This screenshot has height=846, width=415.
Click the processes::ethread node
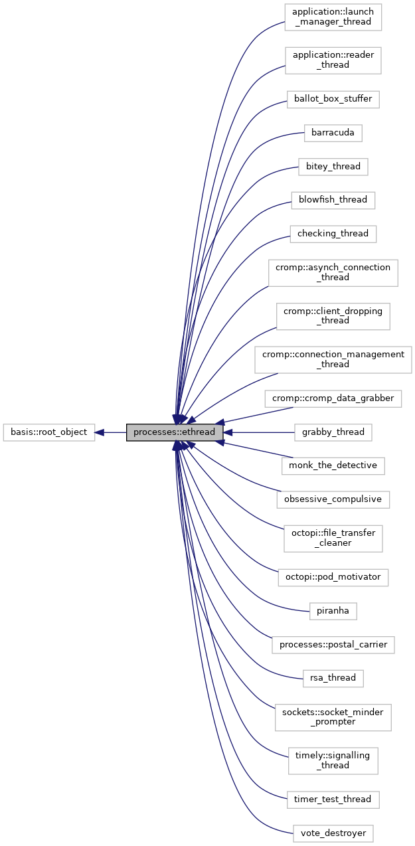[x=174, y=432]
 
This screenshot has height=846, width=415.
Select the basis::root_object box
[x=49, y=432]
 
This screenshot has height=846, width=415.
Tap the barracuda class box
[x=333, y=133]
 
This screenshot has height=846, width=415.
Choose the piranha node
[x=333, y=610]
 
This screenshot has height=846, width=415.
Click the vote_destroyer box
[x=333, y=833]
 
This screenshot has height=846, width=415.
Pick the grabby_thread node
[x=333, y=432]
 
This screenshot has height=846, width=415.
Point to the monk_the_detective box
[x=333, y=465]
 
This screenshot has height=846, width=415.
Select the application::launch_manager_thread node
[x=333, y=17]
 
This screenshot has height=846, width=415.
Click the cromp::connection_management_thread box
[x=333, y=359]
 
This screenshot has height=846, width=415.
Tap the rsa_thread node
[x=333, y=678]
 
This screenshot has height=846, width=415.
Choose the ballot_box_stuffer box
[x=333, y=99]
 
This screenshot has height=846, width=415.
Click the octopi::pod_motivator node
[x=333, y=577]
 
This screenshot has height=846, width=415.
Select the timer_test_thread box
[x=333, y=800]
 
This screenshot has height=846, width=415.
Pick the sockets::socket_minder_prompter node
[x=333, y=717]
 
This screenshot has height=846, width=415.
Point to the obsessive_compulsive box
[x=333, y=499]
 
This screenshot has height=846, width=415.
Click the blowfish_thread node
[x=333, y=200]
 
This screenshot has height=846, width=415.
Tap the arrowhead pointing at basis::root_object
[x=100, y=432]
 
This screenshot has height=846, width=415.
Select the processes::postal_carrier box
[x=333, y=645]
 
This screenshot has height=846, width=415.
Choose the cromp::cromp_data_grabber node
[x=333, y=399]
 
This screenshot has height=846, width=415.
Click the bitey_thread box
[x=333, y=167]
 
